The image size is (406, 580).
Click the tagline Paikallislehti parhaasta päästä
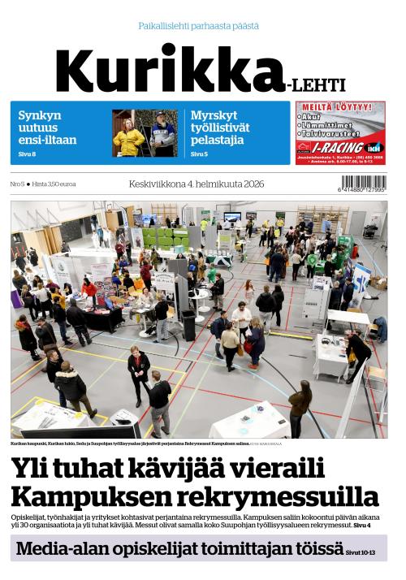199,26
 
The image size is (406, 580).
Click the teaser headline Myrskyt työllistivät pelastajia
220,128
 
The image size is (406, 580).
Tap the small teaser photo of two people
145,132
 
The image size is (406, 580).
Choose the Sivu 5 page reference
199,154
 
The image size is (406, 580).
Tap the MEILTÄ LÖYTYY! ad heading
340,107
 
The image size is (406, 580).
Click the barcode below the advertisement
363,184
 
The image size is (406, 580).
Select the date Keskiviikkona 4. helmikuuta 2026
196,184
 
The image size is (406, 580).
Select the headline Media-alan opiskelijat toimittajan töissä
179,548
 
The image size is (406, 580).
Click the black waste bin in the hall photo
188,325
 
